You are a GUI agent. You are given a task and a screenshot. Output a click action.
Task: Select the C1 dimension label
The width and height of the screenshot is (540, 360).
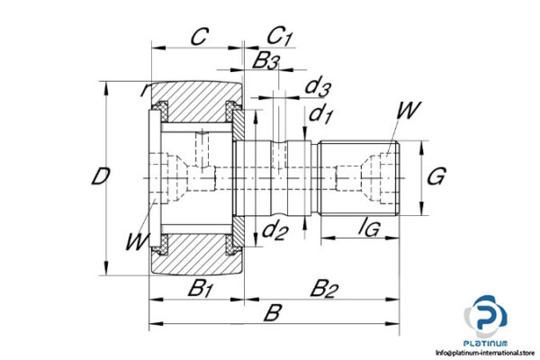click(281, 37)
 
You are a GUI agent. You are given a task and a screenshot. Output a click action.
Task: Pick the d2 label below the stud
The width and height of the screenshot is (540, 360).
click(274, 231)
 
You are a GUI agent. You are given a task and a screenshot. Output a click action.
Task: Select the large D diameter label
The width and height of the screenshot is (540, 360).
click(102, 176)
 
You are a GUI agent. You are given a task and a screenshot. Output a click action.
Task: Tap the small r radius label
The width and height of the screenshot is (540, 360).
click(144, 90)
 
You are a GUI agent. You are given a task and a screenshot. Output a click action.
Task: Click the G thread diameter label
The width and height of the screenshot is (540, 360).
click(436, 176)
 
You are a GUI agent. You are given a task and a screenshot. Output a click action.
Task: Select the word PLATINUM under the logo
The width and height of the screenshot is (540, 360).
click(487, 343)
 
